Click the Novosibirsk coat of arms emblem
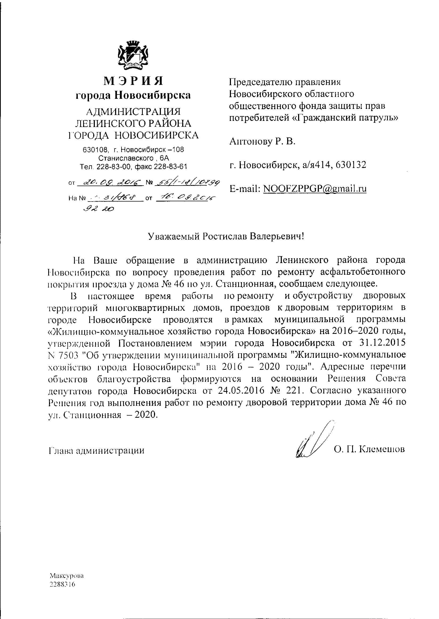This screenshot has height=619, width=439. pyautogui.click(x=133, y=55)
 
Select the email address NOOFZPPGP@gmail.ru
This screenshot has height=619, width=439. pyautogui.click(x=315, y=188)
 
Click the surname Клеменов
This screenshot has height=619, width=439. pyautogui.click(x=384, y=449)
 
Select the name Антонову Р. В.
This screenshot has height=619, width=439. pyautogui.click(x=262, y=141)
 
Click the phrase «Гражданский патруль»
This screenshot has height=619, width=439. pyautogui.click(x=346, y=118)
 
